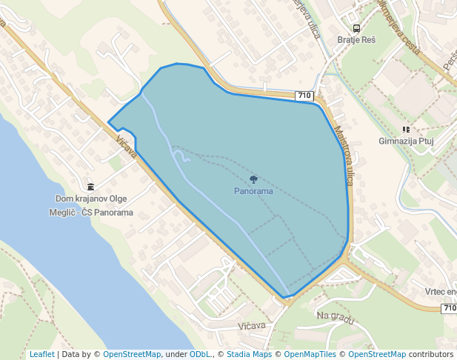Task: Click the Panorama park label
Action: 253,191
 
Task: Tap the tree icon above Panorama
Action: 254,179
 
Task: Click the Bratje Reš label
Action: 356,40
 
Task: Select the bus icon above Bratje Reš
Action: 356,28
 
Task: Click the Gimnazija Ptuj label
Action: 405,141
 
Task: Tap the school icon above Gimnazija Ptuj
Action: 407,129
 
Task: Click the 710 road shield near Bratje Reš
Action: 304,96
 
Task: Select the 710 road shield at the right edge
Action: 450,308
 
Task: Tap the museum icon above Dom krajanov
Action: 90,187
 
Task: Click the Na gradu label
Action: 336,316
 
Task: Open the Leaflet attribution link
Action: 41,355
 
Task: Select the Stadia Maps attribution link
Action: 249,355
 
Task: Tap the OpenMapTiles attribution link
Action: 310,355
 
